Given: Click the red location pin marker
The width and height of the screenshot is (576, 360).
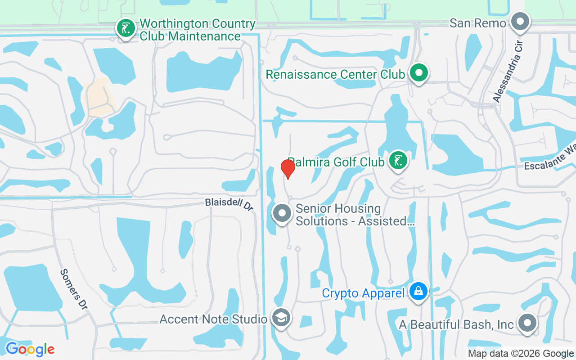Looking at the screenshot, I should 288,169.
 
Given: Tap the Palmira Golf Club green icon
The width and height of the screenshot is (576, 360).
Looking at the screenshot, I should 398,160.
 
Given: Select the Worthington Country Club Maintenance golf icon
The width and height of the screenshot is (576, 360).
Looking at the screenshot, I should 126,28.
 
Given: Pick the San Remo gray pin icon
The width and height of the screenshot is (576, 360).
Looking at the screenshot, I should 521,21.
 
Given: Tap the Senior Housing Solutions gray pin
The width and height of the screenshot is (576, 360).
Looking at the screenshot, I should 282,213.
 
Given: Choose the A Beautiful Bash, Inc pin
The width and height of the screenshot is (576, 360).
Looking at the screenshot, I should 527,323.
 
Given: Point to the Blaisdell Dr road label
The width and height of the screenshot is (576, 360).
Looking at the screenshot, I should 229,204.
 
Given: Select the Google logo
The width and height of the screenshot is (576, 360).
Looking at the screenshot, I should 30,349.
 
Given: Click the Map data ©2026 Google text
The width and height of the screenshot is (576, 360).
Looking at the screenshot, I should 521,354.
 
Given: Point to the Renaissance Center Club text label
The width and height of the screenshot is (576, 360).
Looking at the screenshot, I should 335,74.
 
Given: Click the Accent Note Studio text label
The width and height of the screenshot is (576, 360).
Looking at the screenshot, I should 213,319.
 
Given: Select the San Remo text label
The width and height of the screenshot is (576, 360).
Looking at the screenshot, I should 477,23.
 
